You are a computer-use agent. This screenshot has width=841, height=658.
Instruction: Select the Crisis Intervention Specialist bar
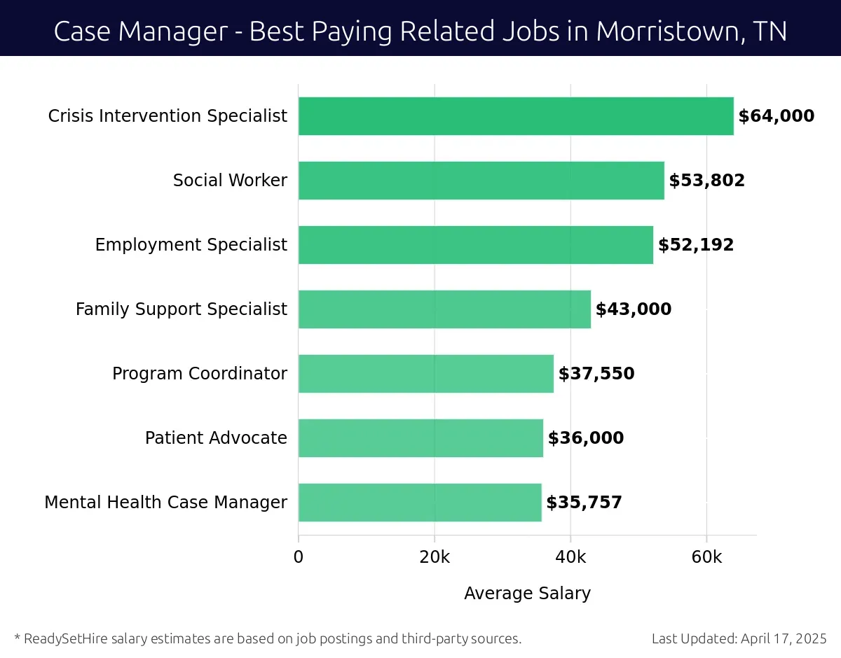click(x=516, y=116)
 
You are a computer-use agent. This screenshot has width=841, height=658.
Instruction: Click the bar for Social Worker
click(x=481, y=181)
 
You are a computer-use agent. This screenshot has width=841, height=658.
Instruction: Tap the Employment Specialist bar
click(x=475, y=245)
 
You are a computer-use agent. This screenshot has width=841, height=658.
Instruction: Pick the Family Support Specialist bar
click(x=444, y=309)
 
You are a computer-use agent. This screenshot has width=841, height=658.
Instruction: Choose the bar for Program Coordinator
click(x=425, y=374)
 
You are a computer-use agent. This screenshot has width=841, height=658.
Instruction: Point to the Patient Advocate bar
click(x=420, y=438)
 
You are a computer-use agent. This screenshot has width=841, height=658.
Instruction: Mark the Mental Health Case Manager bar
click(x=420, y=503)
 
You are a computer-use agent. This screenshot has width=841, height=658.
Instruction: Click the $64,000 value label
click(x=777, y=116)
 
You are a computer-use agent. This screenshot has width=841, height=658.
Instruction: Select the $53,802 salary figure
click(x=706, y=181)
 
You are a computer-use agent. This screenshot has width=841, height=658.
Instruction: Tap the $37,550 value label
click(x=596, y=374)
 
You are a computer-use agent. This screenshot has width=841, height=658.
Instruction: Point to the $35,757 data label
click(x=584, y=503)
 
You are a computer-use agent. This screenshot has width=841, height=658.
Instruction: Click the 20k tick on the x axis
click(x=435, y=557)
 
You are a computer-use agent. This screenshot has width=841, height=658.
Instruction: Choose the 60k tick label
click(x=706, y=557)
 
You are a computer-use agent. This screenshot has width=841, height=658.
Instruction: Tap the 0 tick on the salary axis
click(x=299, y=557)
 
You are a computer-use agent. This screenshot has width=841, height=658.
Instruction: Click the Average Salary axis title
click(x=527, y=594)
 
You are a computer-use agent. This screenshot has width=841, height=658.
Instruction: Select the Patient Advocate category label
click(x=216, y=438)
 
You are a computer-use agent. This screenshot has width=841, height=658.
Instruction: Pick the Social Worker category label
click(x=230, y=181)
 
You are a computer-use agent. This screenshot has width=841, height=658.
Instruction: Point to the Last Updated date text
click(x=739, y=638)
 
